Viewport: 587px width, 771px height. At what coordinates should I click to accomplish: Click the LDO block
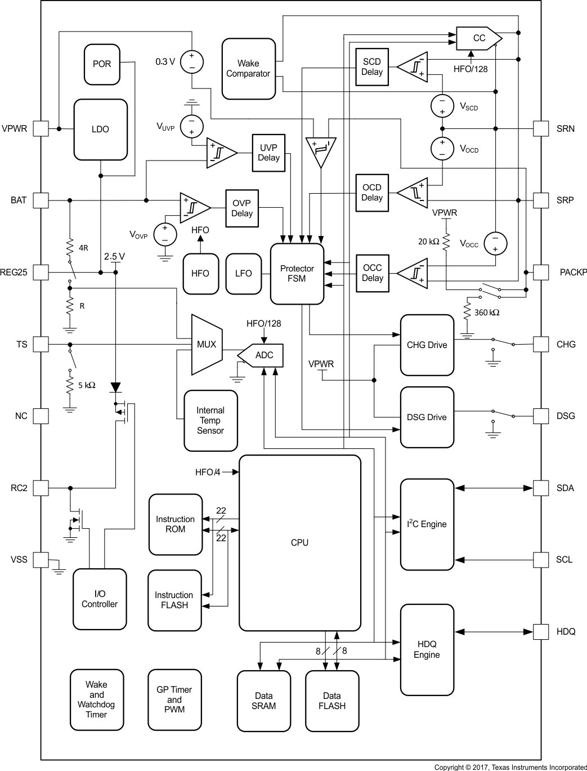(x=100, y=130)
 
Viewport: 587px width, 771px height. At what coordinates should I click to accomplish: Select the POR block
(x=102, y=64)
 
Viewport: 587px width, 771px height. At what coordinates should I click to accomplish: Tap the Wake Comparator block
(x=248, y=69)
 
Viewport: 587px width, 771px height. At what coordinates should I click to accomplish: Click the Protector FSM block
(x=297, y=274)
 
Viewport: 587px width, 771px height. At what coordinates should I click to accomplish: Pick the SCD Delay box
(x=372, y=67)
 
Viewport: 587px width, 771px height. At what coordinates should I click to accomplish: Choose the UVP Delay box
(x=268, y=153)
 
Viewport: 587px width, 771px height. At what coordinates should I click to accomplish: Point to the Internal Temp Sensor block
(x=210, y=421)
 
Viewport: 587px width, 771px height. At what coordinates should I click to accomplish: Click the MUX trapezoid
(x=206, y=345)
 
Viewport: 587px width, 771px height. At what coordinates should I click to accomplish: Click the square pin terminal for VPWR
(x=41, y=128)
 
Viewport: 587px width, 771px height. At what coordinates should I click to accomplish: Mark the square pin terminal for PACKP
(x=541, y=272)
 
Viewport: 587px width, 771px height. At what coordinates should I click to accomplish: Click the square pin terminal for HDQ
(x=541, y=631)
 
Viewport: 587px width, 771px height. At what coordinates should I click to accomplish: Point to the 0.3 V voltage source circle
(x=192, y=61)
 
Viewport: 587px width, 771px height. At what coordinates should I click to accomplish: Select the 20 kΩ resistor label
(x=428, y=242)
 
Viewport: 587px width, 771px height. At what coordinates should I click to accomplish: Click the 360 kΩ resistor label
(x=487, y=313)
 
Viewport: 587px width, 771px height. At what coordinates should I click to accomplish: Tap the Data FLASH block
(x=332, y=701)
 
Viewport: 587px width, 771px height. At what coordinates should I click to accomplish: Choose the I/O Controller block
(x=100, y=599)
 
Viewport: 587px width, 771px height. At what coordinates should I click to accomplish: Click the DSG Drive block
(x=427, y=417)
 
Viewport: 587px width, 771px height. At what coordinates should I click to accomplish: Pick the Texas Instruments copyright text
(x=510, y=767)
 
